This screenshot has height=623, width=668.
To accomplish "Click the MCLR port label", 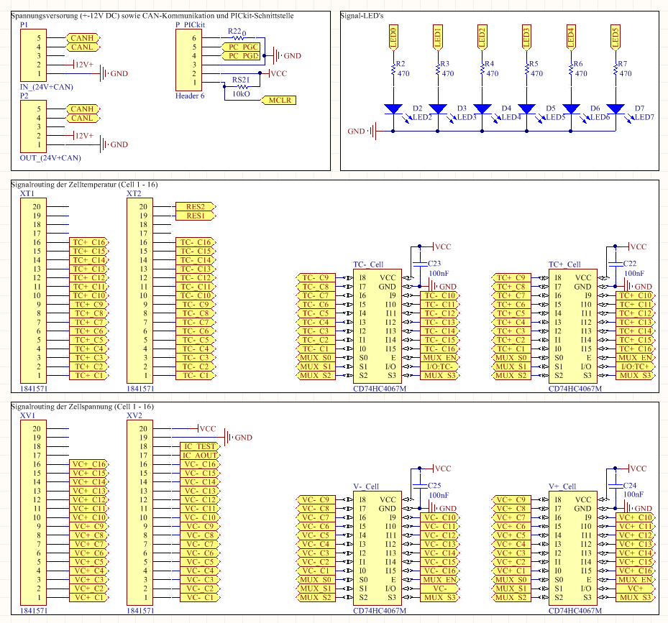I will pyautogui.click(x=280, y=101).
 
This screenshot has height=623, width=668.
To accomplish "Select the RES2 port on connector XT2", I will pyautogui.click(x=195, y=207).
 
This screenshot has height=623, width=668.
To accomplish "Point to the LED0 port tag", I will pyautogui.click(x=393, y=36).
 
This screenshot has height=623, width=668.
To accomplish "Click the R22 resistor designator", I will pyautogui.click(x=234, y=32).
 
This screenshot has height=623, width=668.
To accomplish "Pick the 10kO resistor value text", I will pyautogui.click(x=241, y=93).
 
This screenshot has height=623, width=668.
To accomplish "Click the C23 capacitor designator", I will pyautogui.click(x=434, y=264).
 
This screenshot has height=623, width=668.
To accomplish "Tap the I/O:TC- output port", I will pyautogui.click(x=440, y=366).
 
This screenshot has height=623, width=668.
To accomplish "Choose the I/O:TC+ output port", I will pyautogui.click(x=635, y=366).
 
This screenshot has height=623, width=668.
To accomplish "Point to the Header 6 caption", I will pyautogui.click(x=190, y=95).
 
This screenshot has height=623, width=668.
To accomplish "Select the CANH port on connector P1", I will pyautogui.click(x=82, y=37).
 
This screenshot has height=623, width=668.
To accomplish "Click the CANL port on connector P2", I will pyautogui.click(x=82, y=118).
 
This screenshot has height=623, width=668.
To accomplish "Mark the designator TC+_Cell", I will pyautogui.click(x=564, y=264).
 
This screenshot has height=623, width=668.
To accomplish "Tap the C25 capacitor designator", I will pyautogui.click(x=434, y=486).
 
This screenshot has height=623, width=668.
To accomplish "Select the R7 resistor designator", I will pyautogui.click(x=623, y=64).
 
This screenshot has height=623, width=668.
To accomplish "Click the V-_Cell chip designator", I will pyautogui.click(x=367, y=486).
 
